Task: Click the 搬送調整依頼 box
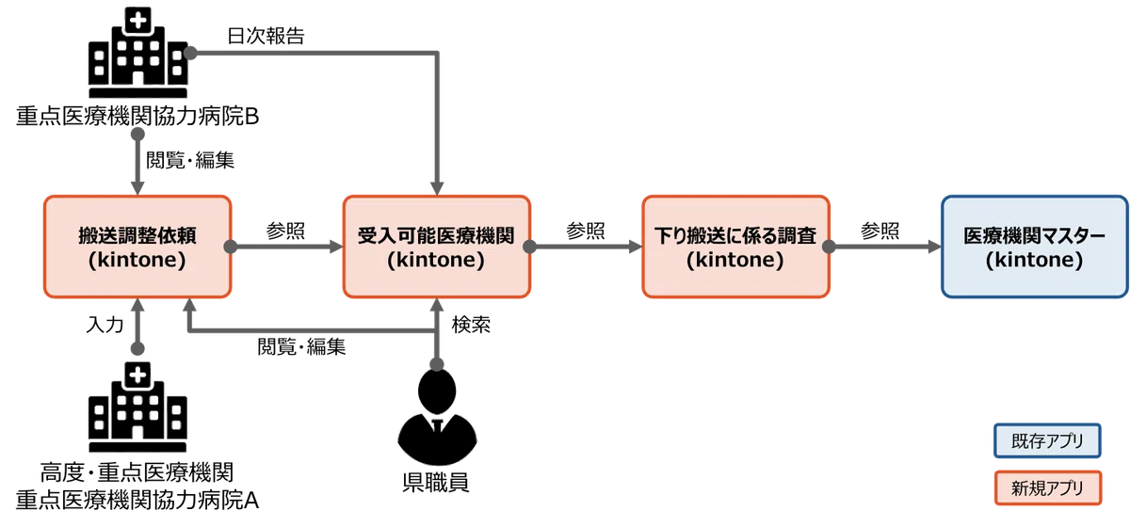point(137,247)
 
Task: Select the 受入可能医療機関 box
point(435,247)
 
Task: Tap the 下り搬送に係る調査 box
point(734,247)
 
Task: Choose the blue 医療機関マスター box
point(1034,247)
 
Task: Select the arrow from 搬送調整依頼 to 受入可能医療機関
point(282,248)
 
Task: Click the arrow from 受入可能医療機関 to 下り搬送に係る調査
point(584,248)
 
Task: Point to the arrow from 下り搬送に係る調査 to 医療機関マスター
point(883,248)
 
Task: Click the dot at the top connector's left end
point(190,54)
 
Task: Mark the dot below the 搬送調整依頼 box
point(138,349)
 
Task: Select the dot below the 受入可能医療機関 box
point(436,363)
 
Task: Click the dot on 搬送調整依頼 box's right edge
point(231,248)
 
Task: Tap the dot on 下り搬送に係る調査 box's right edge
point(829,248)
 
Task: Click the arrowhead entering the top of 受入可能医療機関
point(436,186)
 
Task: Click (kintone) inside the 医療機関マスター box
point(1034,261)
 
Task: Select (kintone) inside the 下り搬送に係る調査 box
point(734,261)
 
